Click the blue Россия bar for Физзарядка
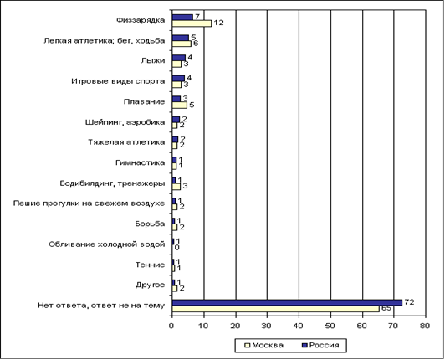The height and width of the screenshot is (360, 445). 182,18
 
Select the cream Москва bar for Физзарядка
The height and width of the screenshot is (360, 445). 192,23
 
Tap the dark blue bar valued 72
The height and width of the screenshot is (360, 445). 287,302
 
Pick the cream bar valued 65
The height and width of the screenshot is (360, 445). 275,309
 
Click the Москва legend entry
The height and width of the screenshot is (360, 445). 264,345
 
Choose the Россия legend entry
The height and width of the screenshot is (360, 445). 321,345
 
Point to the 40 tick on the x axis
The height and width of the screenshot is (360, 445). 299,326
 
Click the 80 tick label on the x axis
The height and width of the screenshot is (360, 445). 425,326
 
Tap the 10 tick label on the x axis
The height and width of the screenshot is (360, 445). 203,326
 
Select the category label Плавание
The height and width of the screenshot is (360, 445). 144,101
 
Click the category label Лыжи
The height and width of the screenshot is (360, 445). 153,60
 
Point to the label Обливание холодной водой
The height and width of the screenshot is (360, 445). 107,244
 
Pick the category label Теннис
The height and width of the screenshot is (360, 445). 150,265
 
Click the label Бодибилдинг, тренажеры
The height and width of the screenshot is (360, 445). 112,183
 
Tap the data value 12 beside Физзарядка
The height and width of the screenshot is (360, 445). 218,23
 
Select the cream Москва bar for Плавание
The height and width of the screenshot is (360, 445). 179,105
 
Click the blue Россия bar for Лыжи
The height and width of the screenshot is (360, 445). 179,58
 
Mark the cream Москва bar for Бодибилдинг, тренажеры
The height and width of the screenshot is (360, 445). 176,187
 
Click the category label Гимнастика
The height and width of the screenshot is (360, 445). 141,162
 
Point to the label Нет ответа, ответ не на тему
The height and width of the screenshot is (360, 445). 101,306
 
